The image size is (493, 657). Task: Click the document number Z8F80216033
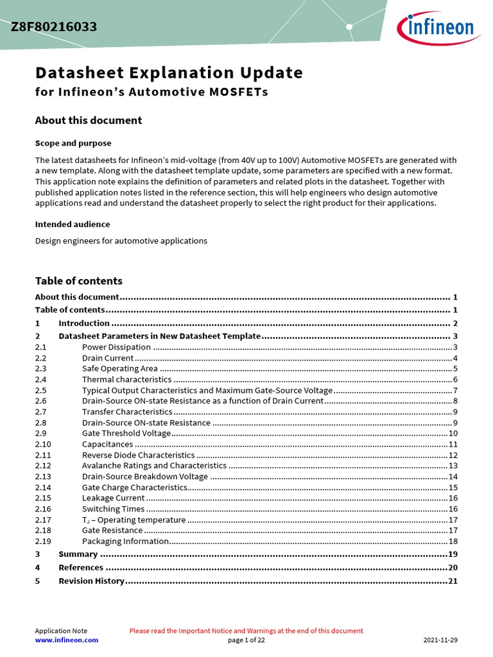54,27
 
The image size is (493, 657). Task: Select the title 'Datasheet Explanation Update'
168,73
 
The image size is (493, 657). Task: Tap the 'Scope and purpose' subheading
73,143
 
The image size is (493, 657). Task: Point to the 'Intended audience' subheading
72,224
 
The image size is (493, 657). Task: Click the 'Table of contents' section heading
78,281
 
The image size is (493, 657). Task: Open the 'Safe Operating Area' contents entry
119,369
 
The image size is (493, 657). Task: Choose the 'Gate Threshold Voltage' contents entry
126,434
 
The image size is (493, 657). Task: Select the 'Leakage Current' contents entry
113,498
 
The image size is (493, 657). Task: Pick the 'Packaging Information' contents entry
125,542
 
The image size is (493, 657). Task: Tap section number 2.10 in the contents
43,444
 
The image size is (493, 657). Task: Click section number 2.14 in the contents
43,488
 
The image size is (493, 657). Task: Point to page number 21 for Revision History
452,581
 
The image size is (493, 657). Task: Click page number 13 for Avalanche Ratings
453,466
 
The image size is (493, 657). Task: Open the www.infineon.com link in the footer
66,640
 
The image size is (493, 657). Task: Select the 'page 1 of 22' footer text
246,640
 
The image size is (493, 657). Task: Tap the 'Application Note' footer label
61,631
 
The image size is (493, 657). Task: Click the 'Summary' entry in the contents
78,554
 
